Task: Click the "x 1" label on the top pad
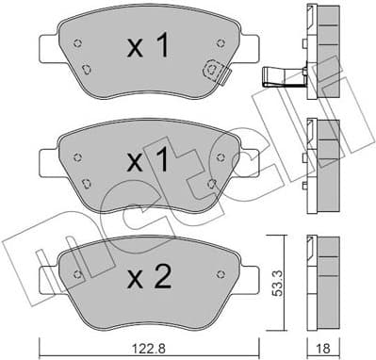149,47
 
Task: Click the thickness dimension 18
322,348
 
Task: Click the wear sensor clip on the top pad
213,68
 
